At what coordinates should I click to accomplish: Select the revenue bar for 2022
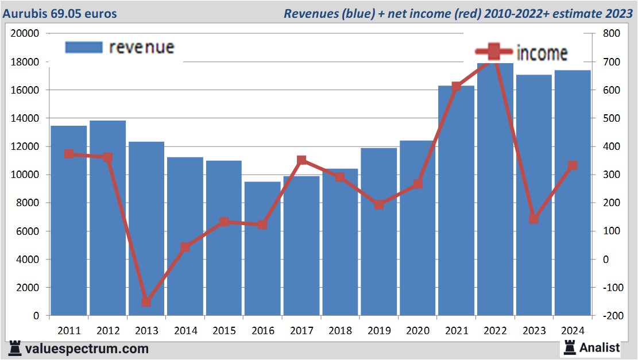click(x=496, y=189)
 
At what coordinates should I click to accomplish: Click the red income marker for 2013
click(x=146, y=302)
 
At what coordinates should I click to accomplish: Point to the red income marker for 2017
click(x=301, y=160)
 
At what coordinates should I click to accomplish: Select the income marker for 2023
click(x=533, y=219)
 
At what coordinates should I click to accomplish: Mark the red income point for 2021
click(x=456, y=87)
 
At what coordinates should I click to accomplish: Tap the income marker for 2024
click(x=572, y=165)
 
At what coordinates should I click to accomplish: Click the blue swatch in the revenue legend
click(x=84, y=47)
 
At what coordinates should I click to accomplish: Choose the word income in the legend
click(x=542, y=53)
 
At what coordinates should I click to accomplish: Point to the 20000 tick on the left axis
click(x=25, y=33)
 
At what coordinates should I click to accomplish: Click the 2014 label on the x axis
click(x=185, y=330)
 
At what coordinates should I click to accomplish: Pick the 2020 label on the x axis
click(x=417, y=330)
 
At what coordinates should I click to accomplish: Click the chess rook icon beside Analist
click(x=570, y=347)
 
